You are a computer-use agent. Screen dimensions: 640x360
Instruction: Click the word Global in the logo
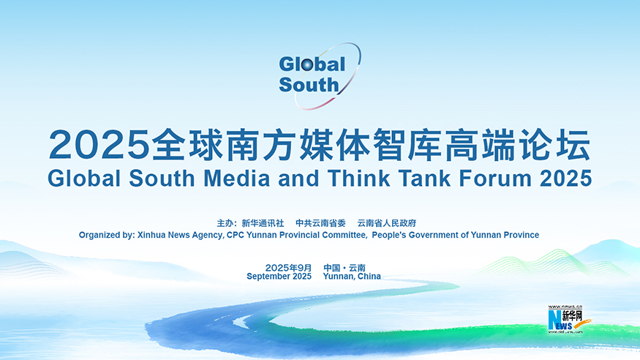coord(312,64)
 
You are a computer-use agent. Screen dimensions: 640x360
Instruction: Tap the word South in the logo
coord(309,85)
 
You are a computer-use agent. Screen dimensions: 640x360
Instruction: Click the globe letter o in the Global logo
coord(307,65)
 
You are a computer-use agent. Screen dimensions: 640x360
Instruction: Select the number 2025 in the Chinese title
coord(99,145)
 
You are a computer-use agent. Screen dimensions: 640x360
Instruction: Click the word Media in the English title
coord(237,179)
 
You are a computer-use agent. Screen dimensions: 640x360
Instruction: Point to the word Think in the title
coord(358,179)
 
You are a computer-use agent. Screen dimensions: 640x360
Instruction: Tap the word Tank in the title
coord(424,179)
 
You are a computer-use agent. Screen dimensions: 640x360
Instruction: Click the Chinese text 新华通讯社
coord(263,223)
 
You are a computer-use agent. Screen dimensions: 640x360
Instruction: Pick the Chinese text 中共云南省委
coord(321,223)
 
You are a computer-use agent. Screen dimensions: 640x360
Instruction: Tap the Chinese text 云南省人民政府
coord(387,223)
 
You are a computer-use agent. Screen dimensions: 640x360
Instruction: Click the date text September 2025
coord(279,277)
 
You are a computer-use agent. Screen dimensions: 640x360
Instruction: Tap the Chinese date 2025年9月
coord(289,268)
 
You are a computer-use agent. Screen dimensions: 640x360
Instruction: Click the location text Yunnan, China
coord(352,277)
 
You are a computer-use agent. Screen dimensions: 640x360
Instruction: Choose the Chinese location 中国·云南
coord(345,268)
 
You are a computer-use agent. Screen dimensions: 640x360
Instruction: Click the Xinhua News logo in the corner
coord(568,319)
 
